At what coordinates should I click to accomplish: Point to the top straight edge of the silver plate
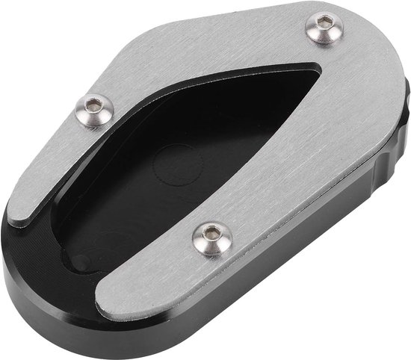point(247,9)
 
